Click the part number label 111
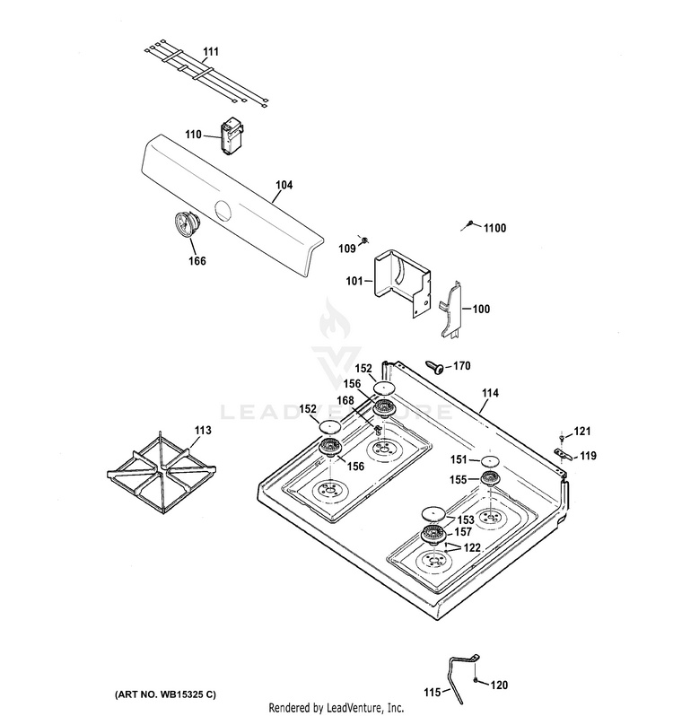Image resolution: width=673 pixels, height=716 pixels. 210,53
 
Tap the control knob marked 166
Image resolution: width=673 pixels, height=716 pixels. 187,223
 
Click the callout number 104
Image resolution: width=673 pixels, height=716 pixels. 284,186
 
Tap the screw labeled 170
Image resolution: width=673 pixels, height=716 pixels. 434,365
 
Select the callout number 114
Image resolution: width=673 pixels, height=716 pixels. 490,393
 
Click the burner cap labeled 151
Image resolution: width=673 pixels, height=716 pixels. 489,460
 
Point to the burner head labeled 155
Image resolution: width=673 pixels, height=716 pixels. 489,481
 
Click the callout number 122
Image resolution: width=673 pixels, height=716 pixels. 472,546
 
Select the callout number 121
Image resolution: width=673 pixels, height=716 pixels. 583,432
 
